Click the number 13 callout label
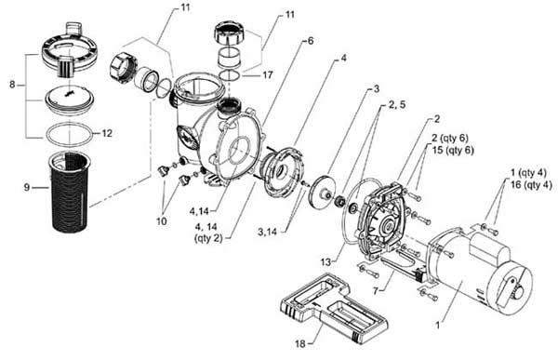(x=325, y=262)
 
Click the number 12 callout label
(x=107, y=133)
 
